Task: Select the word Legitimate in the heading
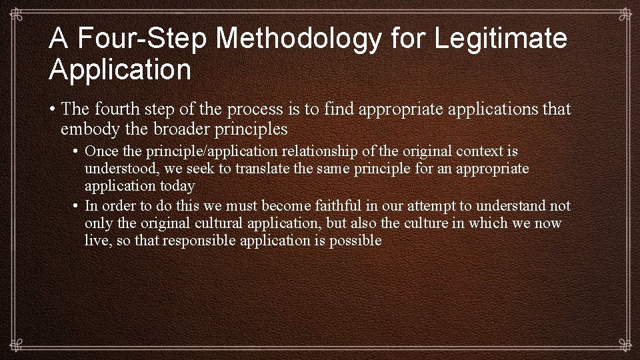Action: point(501,39)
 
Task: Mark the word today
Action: point(177,186)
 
